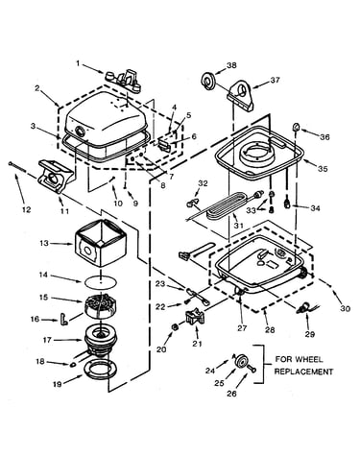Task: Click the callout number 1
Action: (x=78, y=63)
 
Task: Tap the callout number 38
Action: (x=231, y=65)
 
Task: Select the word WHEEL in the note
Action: (x=308, y=359)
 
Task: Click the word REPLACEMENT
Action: (x=303, y=372)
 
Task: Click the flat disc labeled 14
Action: (x=101, y=282)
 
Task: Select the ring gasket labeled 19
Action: (x=100, y=370)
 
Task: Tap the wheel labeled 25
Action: (x=241, y=362)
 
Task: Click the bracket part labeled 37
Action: (x=241, y=95)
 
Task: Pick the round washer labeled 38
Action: (x=208, y=81)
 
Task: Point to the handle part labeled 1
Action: (x=123, y=80)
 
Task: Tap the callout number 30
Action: (x=345, y=309)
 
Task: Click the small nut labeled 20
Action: (x=175, y=327)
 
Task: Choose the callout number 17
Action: (x=47, y=340)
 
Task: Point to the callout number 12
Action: (x=27, y=209)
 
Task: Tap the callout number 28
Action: (x=270, y=330)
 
